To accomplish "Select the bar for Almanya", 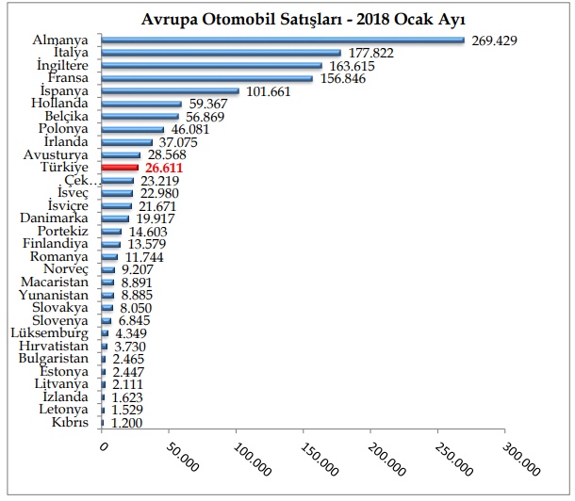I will coord(283,40).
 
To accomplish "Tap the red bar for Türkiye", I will coord(121,167).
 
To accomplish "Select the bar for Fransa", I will coord(207,78).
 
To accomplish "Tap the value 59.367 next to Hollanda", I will coord(213,104).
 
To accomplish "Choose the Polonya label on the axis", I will coord(65,129).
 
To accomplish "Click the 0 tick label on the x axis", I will coord(105,446).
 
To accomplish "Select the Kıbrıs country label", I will coord(71,422).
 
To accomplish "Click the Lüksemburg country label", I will coord(51,332).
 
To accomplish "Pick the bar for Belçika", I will coord(140,116).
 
